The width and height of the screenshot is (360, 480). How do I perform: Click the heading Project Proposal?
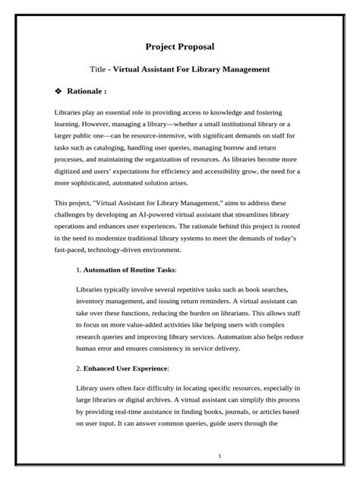(x=180, y=46)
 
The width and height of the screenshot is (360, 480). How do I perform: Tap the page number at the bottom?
(x=240, y=456)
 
